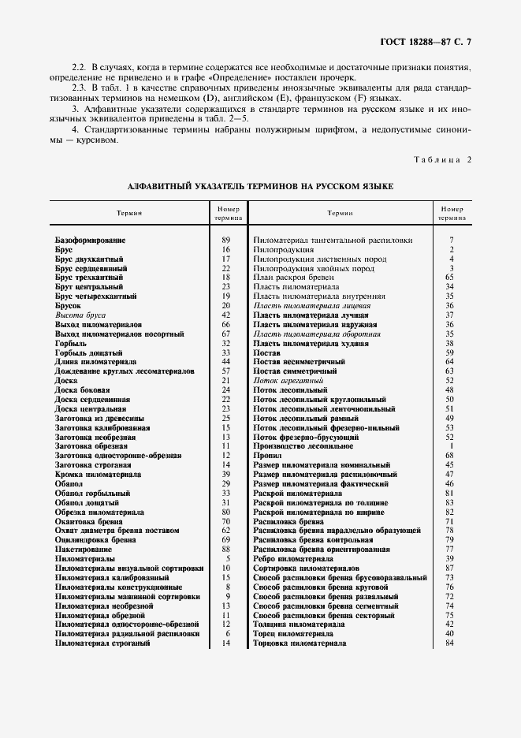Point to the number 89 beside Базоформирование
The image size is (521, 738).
point(226,239)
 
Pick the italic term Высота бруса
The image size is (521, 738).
point(80,315)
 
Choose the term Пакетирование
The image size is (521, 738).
point(87,549)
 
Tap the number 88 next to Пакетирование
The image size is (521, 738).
point(226,549)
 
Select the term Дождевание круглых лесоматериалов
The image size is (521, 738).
point(125,371)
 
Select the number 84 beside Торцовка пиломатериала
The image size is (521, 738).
point(450,643)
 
